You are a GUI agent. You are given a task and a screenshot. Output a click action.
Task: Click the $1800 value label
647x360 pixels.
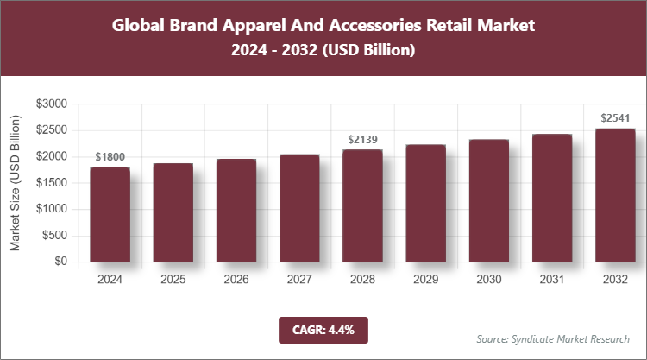click(110, 156)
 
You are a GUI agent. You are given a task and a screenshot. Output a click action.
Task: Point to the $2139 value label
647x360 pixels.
click(362, 139)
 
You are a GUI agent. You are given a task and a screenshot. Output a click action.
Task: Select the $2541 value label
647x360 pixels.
click(614, 117)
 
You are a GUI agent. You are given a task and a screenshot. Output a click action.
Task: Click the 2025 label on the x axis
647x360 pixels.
click(173, 280)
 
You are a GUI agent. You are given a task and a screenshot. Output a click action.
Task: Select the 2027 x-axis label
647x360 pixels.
click(299, 280)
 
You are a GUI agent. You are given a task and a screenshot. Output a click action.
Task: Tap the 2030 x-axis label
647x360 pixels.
click(488, 280)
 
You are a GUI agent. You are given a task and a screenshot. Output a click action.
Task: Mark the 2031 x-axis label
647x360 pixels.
click(551, 280)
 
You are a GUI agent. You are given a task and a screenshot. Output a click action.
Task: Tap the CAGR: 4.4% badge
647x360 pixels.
click(323, 330)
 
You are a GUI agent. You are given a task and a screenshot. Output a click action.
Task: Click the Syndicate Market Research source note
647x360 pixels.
click(553, 338)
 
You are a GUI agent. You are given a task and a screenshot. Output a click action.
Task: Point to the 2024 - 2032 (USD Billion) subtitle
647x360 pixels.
click(323, 51)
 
